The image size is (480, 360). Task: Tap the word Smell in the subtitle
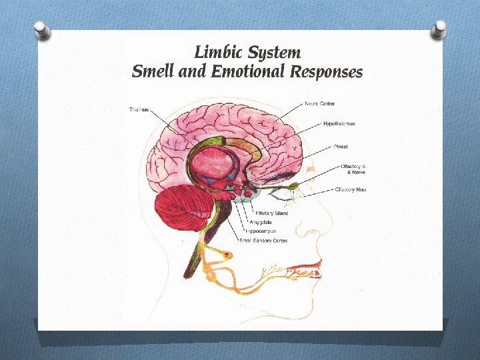[x=150, y=71]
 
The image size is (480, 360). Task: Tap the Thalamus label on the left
[x=139, y=109]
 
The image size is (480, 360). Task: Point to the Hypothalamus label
[x=339, y=124]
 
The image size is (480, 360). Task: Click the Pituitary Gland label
[x=272, y=213]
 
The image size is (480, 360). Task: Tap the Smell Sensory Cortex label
[x=263, y=240]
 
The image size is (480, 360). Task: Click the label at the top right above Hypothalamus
[x=320, y=103]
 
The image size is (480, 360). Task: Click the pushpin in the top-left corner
[x=42, y=30]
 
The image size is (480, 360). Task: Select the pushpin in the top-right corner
[x=439, y=29]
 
